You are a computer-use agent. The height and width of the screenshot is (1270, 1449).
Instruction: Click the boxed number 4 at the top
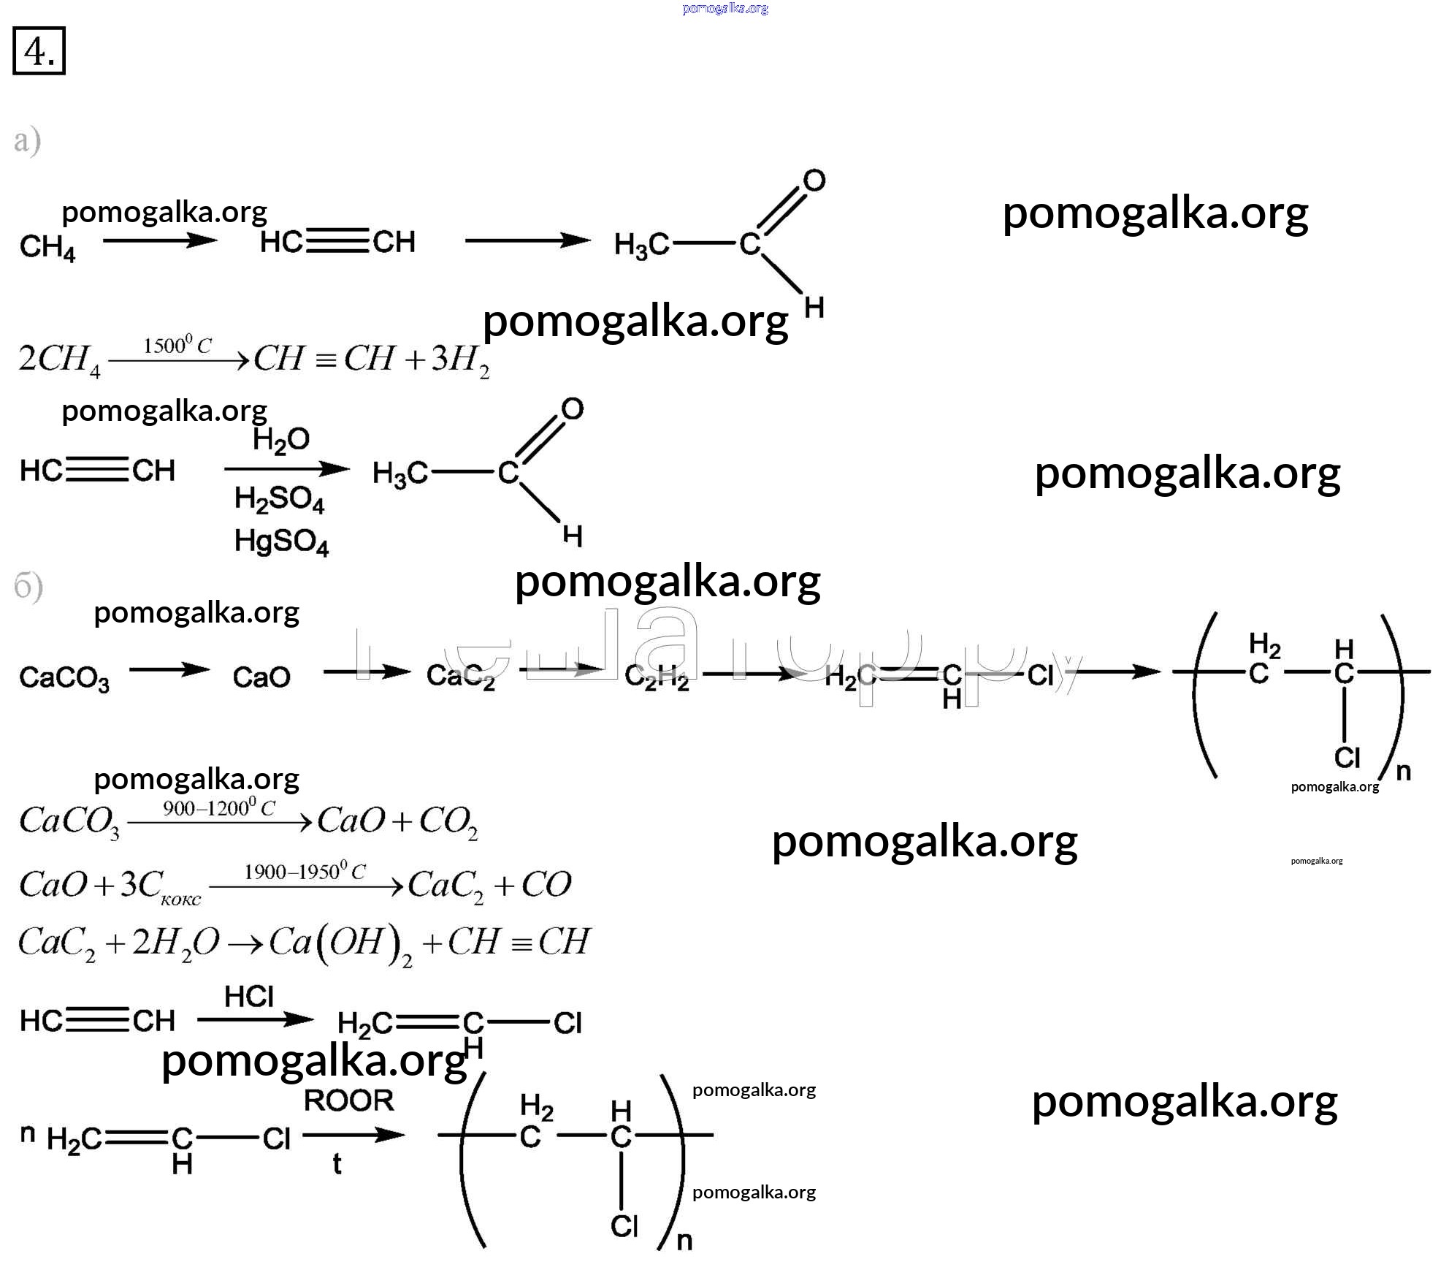(x=39, y=51)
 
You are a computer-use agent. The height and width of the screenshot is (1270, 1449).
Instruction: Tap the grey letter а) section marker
(x=27, y=140)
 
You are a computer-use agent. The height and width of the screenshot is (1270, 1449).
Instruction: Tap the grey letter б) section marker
(x=28, y=587)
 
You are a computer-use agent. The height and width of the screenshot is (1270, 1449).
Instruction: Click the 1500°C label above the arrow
(x=177, y=345)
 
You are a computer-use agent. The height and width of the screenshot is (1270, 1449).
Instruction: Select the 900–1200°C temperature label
(x=219, y=807)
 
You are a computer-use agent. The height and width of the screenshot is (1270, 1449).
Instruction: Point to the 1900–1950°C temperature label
(x=305, y=871)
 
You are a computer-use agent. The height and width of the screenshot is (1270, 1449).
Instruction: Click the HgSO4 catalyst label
(x=281, y=542)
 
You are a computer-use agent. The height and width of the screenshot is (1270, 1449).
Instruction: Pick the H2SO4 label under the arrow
(x=279, y=499)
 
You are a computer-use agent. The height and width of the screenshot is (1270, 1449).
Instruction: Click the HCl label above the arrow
(x=249, y=996)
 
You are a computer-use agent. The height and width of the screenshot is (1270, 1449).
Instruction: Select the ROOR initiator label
(x=348, y=1100)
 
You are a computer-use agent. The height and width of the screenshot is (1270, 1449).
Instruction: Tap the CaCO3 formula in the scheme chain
(x=64, y=678)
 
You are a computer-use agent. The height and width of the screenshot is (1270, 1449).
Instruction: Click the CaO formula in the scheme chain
(x=261, y=677)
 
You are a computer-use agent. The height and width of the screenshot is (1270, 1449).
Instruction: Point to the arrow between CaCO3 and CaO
(x=169, y=669)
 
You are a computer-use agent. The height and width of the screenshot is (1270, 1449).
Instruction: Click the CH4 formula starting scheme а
(x=47, y=247)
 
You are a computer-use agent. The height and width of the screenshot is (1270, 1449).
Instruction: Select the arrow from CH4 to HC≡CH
(x=160, y=240)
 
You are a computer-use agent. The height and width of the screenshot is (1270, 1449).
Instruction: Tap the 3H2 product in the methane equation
(x=460, y=360)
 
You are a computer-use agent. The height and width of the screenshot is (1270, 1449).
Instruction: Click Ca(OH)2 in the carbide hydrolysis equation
(x=340, y=943)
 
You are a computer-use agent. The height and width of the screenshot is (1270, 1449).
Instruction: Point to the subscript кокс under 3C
(x=180, y=900)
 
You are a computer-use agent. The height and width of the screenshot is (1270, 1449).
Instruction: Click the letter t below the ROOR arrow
(x=337, y=1163)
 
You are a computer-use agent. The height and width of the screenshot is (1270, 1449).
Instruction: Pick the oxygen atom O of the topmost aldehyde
(x=814, y=180)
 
